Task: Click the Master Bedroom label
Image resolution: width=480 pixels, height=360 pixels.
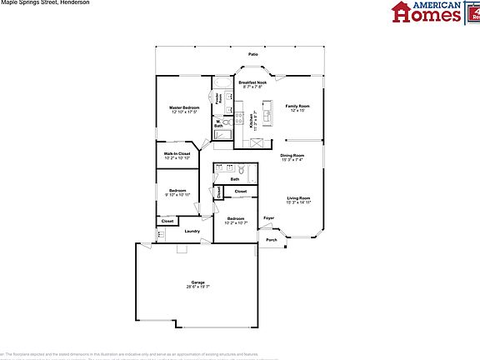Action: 184,107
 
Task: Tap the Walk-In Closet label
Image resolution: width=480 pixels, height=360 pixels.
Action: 177,153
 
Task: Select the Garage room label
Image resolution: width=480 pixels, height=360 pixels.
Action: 198,282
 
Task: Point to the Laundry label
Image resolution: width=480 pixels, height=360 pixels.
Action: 192,231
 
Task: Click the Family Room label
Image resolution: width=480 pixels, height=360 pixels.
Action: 297,106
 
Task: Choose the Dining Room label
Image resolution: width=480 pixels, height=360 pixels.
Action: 292,156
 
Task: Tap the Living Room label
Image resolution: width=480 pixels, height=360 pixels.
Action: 298,197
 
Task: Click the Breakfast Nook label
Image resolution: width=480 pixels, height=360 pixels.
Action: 252,82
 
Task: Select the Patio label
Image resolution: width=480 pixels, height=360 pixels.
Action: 252,55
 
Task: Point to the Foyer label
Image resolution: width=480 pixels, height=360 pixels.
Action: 268,218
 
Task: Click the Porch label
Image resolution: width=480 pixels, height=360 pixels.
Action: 272,240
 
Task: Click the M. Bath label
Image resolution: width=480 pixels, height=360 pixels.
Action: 218,124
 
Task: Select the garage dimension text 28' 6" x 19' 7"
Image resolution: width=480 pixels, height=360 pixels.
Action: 198,287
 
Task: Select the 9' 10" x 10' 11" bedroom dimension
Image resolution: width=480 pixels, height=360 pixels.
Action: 177,194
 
